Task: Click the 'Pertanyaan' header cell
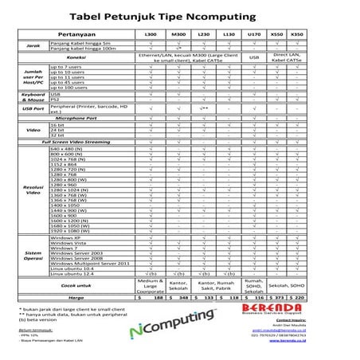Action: (78, 36)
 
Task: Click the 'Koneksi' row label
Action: (77, 57)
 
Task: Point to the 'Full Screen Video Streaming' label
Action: (78, 141)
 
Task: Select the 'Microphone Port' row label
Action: (77, 118)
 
